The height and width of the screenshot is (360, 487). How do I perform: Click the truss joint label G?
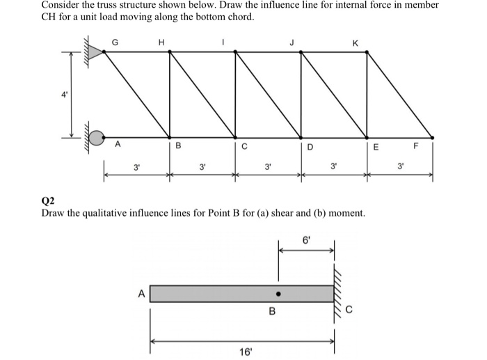pyautogui.click(x=115, y=42)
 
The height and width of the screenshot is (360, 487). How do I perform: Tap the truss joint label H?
pyautogui.click(x=161, y=42)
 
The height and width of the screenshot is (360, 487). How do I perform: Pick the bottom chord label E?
pyautogui.click(x=376, y=146)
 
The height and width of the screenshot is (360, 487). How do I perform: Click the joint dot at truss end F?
pyautogui.click(x=432, y=137)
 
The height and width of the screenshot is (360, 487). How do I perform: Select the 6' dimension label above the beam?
pyautogui.click(x=307, y=239)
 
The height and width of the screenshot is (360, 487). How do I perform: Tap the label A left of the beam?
pyautogui.click(x=141, y=294)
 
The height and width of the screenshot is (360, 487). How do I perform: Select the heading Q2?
pyautogui.click(x=48, y=200)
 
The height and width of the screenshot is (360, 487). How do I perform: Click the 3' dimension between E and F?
pyautogui.click(x=400, y=167)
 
